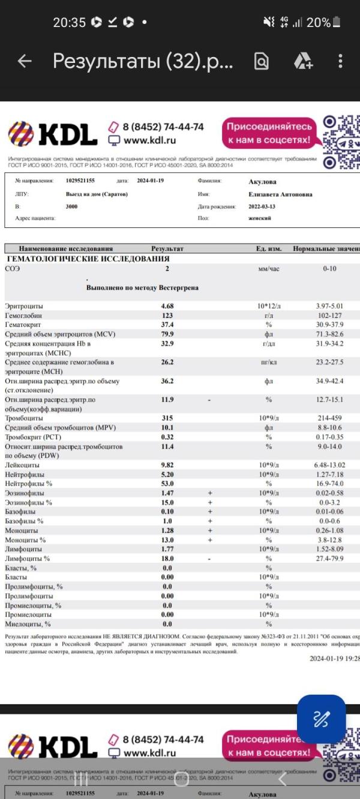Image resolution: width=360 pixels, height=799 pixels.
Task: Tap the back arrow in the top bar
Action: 25,61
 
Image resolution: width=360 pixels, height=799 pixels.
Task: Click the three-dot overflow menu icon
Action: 340,61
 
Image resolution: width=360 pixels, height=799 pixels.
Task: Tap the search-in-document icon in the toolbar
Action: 261,61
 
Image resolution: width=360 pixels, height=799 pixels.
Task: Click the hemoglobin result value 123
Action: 167,316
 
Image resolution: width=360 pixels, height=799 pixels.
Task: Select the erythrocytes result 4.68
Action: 167,306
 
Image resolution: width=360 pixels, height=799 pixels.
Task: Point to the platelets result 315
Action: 167,418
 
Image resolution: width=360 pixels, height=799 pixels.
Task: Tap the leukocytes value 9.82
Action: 167,465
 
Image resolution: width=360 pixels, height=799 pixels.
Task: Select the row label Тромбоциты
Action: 25,418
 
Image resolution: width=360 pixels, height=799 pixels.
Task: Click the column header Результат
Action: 167,248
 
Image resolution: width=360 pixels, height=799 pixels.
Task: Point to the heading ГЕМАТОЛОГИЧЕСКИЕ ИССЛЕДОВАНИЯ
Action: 88,259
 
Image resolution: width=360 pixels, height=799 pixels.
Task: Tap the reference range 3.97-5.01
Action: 329,306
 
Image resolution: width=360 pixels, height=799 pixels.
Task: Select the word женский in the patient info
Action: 260,218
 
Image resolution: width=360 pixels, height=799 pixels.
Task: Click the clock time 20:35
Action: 69,23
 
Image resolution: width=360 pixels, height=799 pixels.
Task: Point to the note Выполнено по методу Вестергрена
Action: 142,288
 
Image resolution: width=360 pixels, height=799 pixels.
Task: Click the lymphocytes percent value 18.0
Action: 167,558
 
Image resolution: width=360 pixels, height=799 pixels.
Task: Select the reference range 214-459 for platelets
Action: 329,418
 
